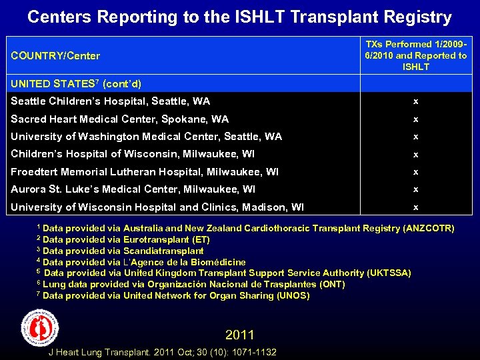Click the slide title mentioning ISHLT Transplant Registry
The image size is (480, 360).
point(239,17)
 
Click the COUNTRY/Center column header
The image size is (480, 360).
point(55,56)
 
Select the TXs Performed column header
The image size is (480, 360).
point(416,55)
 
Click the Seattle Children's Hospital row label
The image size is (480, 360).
point(111,101)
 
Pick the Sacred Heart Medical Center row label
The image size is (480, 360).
point(120,119)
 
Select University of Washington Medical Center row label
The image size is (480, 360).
point(147,137)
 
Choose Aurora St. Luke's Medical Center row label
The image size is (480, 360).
point(133,189)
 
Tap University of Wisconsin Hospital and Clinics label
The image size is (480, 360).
point(157,207)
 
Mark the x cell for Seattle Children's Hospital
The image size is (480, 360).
point(415,101)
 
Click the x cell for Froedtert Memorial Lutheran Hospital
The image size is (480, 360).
point(415,172)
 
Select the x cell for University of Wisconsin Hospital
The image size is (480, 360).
point(415,207)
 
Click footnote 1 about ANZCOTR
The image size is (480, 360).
point(245,229)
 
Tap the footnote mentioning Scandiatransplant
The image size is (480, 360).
point(120,251)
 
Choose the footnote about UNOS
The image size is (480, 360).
point(173,296)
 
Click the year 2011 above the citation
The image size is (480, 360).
point(240,335)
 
